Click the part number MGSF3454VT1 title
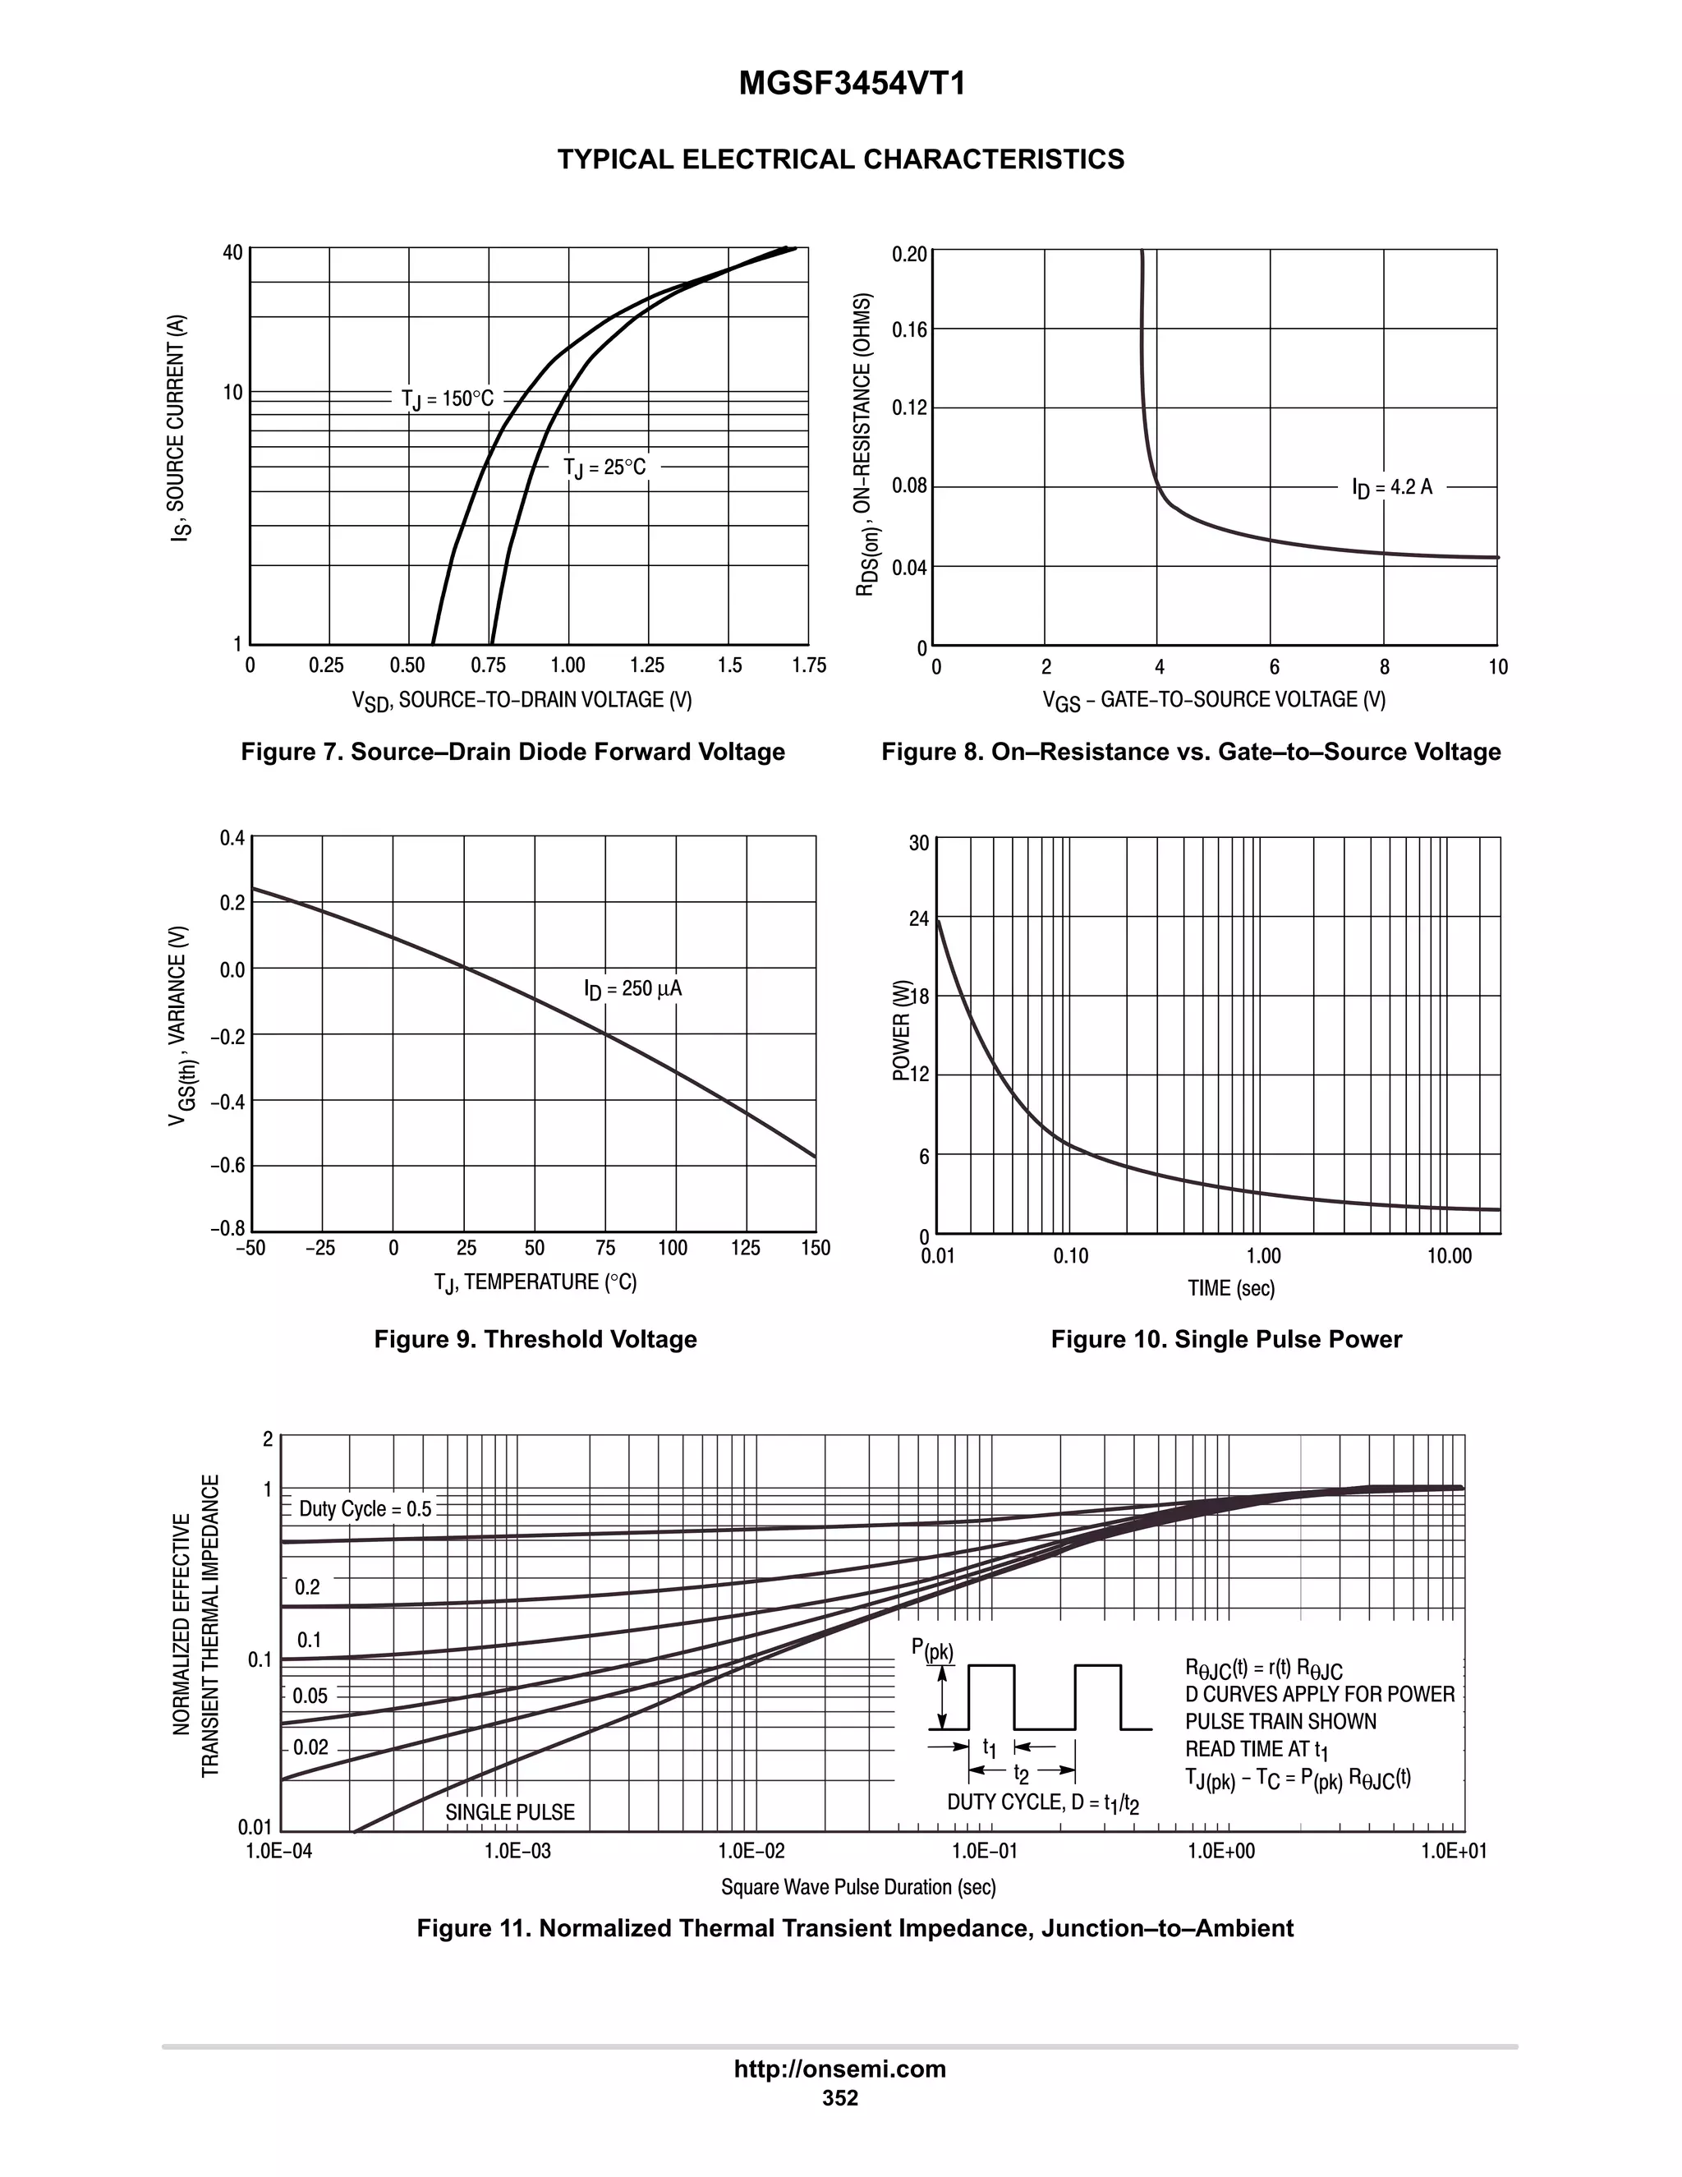pyautogui.click(x=852, y=85)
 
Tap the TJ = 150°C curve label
pyautogui.click(x=448, y=398)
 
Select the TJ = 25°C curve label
pyautogui.click(x=604, y=467)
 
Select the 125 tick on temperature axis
pyautogui.click(x=746, y=1248)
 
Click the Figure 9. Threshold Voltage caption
pyautogui.click(x=535, y=1339)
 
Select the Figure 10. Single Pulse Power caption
pyautogui.click(x=1225, y=1339)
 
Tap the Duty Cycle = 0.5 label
pyautogui.click(x=365, y=1509)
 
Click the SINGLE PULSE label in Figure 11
pyautogui.click(x=509, y=1812)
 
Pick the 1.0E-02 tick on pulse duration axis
pyautogui.click(x=752, y=1851)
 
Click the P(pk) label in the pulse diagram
pyautogui.click(x=931, y=1650)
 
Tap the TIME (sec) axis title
pyautogui.click(x=1230, y=1288)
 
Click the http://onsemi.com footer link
pyautogui.click(x=840, y=2069)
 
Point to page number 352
pyautogui.click(x=840, y=2098)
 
